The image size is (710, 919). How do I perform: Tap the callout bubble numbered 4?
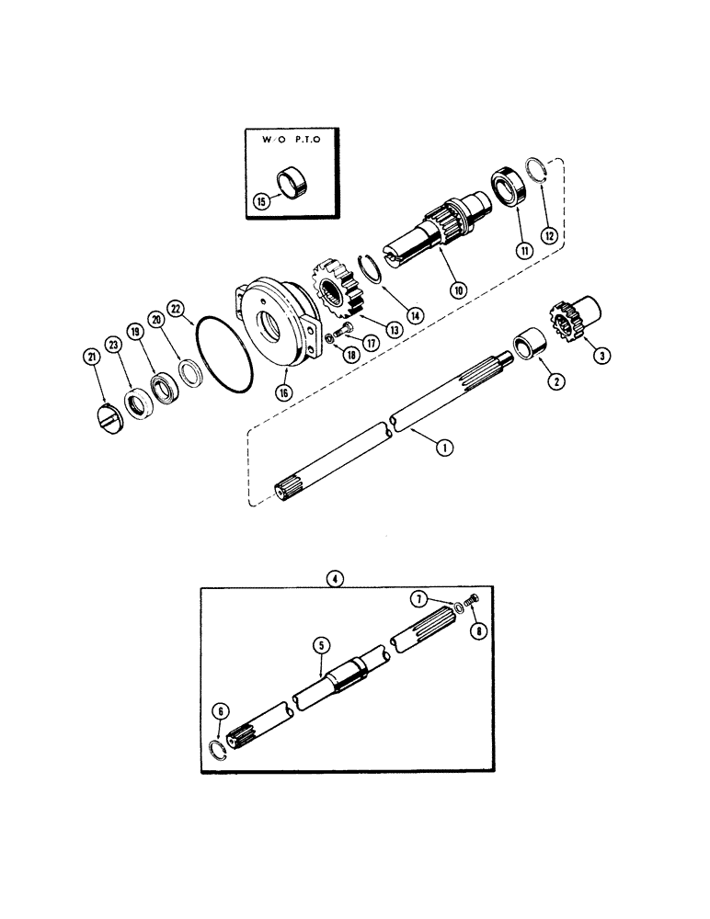click(x=336, y=578)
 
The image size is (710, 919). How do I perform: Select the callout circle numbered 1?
click(x=444, y=448)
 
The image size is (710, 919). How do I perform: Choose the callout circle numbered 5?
click(x=321, y=647)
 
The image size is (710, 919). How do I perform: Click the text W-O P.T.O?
click(x=287, y=142)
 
